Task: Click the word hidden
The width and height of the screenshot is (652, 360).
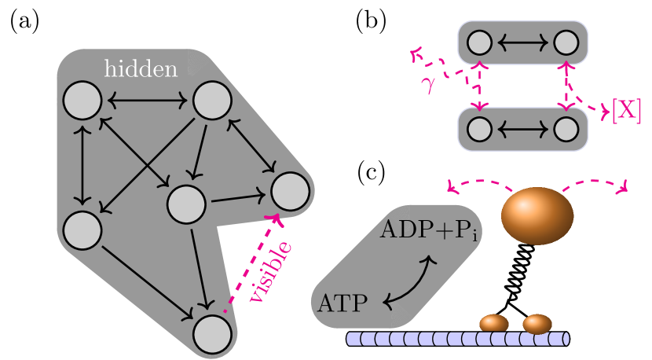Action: pyautogui.click(x=141, y=69)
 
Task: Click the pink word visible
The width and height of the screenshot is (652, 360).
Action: pyautogui.click(x=271, y=271)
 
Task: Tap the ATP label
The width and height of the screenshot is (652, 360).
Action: pyautogui.click(x=342, y=303)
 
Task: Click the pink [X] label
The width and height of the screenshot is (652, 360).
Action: pyautogui.click(x=626, y=111)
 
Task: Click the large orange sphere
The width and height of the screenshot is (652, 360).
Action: pyautogui.click(x=537, y=215)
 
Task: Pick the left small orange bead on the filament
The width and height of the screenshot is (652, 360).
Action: pyautogui.click(x=494, y=323)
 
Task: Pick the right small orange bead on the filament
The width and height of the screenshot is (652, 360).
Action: pyautogui.click(x=537, y=323)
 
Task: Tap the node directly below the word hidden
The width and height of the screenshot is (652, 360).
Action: pyautogui.click(x=82, y=101)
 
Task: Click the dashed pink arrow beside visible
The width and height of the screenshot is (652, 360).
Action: pyautogui.click(x=250, y=263)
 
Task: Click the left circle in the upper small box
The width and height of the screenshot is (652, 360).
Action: pyautogui.click(x=480, y=42)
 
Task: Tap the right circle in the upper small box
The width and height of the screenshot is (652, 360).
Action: pyautogui.click(x=566, y=42)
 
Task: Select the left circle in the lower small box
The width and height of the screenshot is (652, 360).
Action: pyautogui.click(x=480, y=129)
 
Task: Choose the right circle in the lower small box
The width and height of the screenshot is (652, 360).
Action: pyautogui.click(x=566, y=129)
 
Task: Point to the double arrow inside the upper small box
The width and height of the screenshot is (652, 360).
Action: pyautogui.click(x=522, y=42)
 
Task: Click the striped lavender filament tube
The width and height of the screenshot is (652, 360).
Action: pyautogui.click(x=456, y=339)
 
